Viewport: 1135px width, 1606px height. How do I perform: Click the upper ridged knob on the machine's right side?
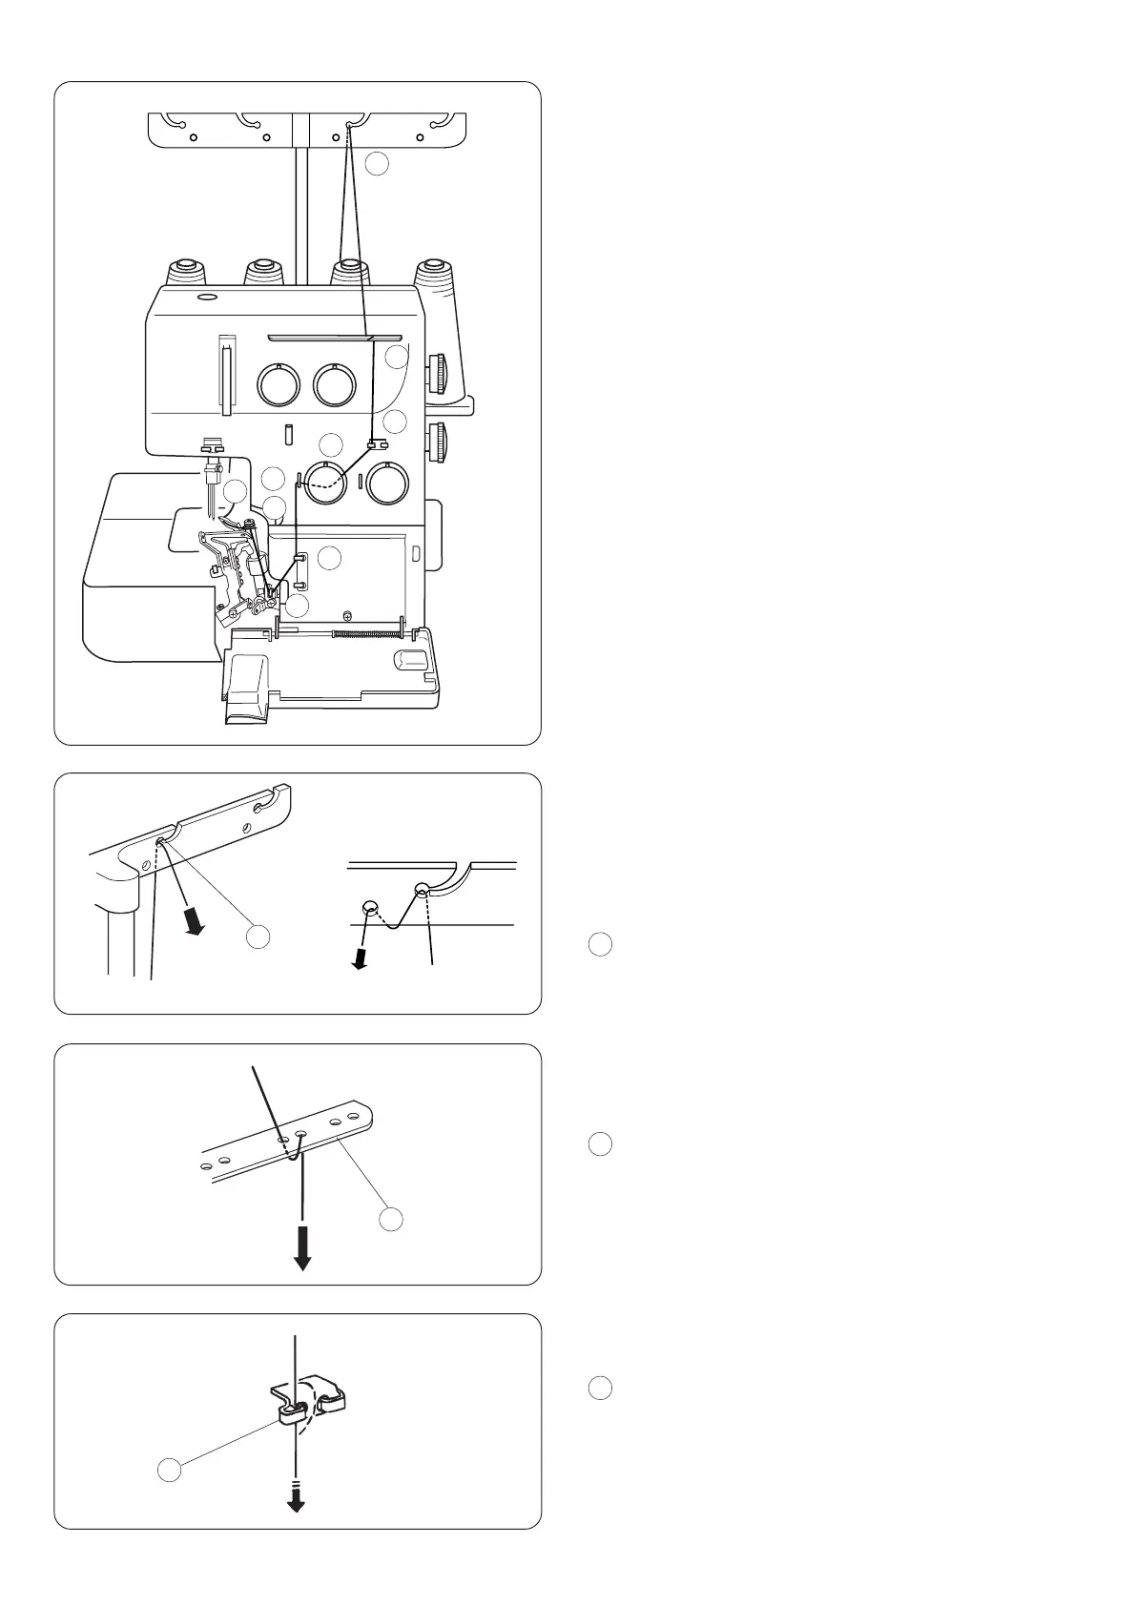pyautogui.click(x=440, y=372)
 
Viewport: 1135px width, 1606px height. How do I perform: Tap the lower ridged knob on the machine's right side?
pyautogui.click(x=440, y=443)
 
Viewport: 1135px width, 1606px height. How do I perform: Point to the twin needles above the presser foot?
pyautogui.click(x=210, y=491)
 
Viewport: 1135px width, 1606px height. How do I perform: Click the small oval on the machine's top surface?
pyautogui.click(x=204, y=299)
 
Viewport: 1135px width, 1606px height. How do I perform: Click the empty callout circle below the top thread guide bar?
pyautogui.click(x=378, y=163)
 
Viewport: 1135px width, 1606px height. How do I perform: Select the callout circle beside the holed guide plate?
pyautogui.click(x=391, y=1219)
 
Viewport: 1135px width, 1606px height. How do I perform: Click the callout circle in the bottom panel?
pyautogui.click(x=169, y=1471)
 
